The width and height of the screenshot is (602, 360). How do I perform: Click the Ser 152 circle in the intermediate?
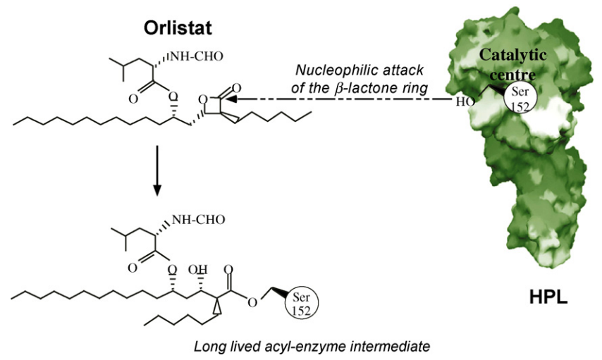[x=302, y=304]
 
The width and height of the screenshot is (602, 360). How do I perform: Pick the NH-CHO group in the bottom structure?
[x=198, y=220]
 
